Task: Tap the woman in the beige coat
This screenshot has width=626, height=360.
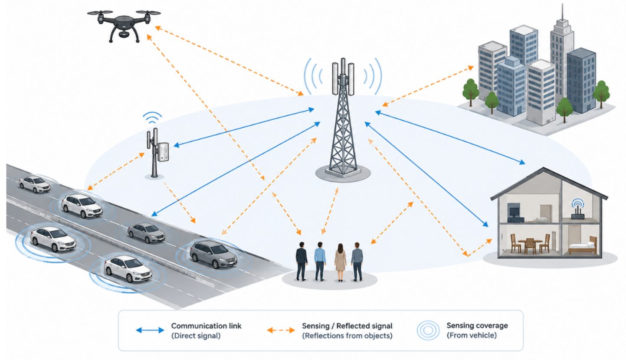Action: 340,262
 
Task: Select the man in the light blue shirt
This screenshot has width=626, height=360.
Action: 320,261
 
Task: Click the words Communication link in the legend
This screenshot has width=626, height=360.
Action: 206,326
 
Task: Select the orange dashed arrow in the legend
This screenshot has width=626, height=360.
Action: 281,331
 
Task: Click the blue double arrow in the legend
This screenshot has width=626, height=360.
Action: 150,331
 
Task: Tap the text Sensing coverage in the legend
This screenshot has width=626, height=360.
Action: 477,326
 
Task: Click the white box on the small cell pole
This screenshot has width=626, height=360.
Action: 163,152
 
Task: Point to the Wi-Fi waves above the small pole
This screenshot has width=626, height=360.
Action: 152,118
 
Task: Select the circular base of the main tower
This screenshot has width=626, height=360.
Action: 343,173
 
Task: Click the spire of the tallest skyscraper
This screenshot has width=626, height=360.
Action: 562,12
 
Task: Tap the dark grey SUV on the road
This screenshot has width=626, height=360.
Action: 213,254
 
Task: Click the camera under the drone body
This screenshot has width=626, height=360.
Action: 124,34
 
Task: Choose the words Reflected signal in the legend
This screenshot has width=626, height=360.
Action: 364,326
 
